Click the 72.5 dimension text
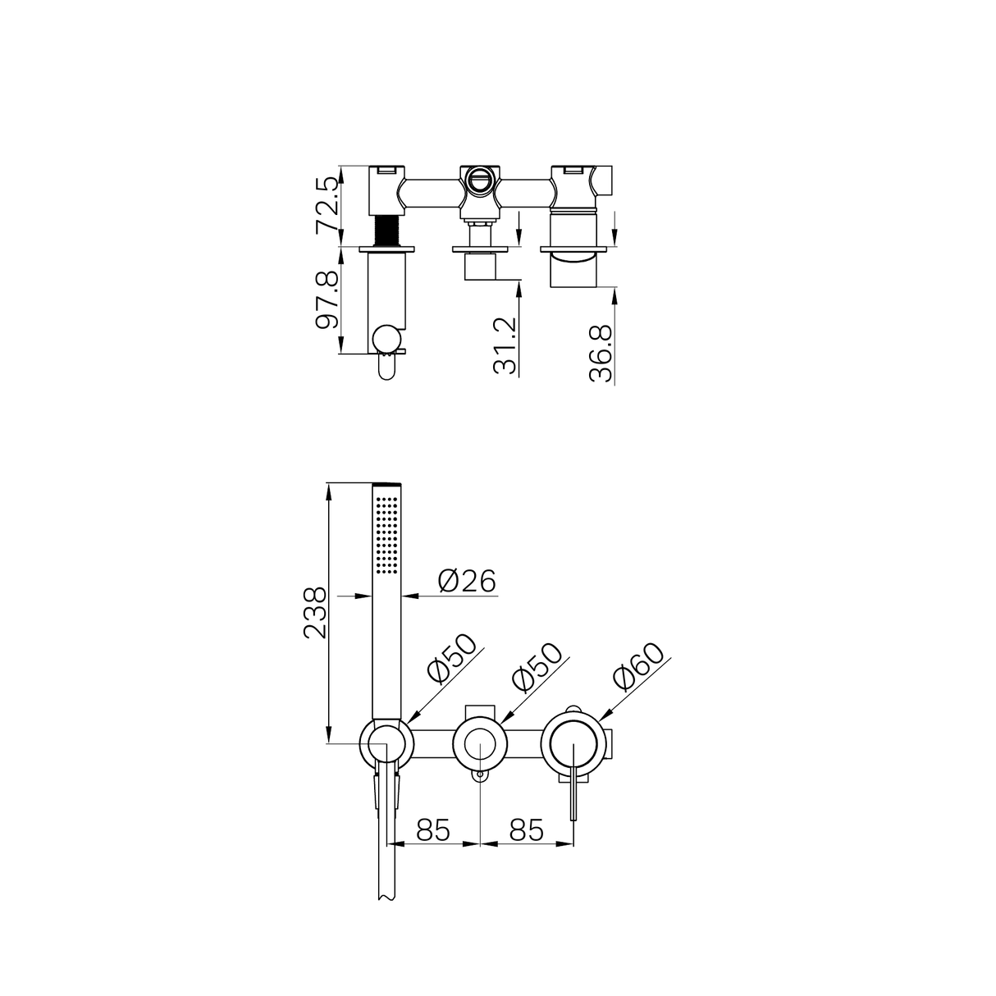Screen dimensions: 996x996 click(327, 204)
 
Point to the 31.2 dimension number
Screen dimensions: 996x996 click(506, 345)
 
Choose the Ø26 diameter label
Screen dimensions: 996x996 click(467, 581)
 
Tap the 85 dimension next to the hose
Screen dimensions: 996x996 click(434, 830)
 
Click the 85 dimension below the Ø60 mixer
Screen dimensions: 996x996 click(526, 830)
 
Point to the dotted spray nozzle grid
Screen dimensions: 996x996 click(386, 532)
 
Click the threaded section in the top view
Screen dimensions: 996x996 click(386, 231)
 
